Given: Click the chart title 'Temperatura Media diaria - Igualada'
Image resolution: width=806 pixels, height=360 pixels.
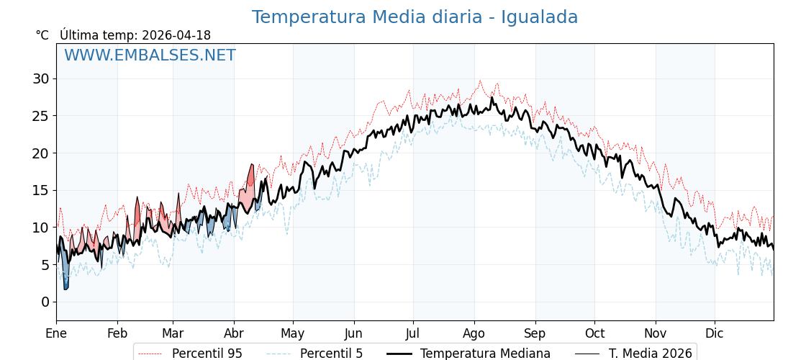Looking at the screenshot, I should [415, 17].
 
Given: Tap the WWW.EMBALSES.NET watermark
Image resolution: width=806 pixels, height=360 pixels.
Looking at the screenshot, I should [150, 55].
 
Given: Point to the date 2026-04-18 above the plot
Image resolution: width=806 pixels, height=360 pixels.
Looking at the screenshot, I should [176, 35].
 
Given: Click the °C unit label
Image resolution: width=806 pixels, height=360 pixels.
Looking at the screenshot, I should [42, 35].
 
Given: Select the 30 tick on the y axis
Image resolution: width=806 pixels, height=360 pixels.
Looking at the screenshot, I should [40, 78].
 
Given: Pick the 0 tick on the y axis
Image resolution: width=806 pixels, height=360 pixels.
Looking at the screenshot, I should [45, 302].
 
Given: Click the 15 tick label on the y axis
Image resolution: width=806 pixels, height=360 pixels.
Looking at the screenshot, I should [40, 190].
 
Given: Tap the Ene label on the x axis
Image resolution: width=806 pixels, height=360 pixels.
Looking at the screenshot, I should [56, 333].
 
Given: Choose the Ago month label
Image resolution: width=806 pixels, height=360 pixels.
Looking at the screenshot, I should [474, 333].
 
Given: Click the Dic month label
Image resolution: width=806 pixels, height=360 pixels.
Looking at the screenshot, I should [715, 333].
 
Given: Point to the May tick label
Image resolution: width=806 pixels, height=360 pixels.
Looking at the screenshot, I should [293, 333].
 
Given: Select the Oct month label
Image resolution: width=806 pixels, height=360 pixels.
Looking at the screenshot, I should [594, 333].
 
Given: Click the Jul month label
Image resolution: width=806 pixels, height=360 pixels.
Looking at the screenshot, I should [413, 333].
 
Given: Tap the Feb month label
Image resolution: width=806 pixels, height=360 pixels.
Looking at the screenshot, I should [117, 333].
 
